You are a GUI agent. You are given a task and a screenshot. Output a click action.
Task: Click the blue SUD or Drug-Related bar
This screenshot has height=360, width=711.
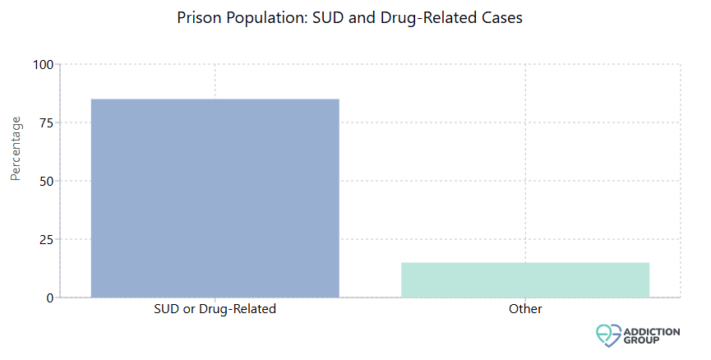(x=215, y=198)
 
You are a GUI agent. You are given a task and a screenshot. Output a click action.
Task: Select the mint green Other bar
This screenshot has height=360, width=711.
(x=525, y=279)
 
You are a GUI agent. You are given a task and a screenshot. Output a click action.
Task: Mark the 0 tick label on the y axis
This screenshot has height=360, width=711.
(x=50, y=298)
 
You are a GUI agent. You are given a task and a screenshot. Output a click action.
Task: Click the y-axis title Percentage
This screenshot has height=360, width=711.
(x=16, y=148)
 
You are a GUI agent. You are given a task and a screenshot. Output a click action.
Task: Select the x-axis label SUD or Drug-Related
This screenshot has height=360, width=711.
(x=215, y=310)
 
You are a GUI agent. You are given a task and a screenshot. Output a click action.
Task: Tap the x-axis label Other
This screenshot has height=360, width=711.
(x=525, y=310)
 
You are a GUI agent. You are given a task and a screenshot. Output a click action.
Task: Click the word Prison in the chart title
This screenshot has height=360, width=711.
(x=196, y=17)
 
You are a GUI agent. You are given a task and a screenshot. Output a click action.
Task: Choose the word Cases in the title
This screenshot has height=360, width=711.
(x=501, y=17)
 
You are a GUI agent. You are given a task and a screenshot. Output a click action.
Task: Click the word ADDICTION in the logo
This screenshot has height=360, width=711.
(x=653, y=330)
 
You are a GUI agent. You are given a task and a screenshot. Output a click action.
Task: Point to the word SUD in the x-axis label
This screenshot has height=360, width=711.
(x=167, y=310)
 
